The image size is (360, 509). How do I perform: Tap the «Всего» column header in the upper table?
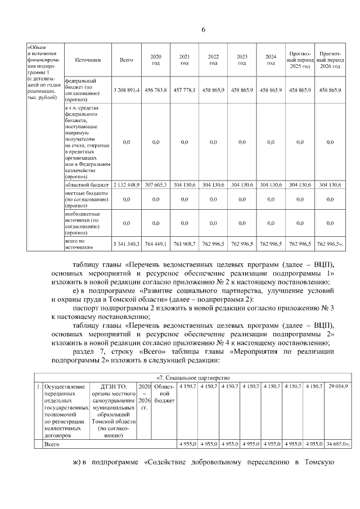tap(126, 60)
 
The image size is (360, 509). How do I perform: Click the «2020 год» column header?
tap(155, 60)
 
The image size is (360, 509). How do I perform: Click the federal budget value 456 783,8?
tap(155, 90)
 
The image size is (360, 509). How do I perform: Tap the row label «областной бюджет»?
tap(84, 184)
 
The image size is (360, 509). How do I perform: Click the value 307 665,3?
tap(155, 184)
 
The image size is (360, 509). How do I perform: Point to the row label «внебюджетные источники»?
tap(84, 223)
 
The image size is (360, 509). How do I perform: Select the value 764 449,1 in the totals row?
tap(155, 244)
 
